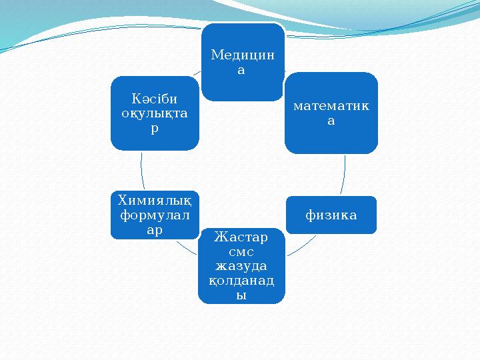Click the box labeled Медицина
point(242,62)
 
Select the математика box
point(331,113)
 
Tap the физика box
point(331,215)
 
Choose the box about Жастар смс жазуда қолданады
point(241,265)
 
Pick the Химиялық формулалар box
point(154,214)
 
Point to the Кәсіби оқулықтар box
point(154,113)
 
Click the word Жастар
point(241,238)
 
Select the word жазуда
point(241,266)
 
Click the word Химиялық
point(154,199)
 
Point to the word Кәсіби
point(154,98)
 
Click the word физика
point(331,215)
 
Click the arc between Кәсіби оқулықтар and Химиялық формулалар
point(141,170)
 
